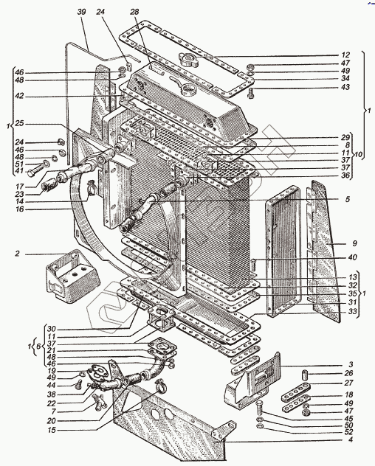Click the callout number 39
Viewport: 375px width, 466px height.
point(81,12)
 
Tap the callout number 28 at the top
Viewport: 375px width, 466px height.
point(134,12)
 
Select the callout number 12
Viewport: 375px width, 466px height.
point(345,55)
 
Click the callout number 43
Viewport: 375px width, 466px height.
point(345,87)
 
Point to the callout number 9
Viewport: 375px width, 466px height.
point(354,244)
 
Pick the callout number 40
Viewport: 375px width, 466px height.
point(353,257)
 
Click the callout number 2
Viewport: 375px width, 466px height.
point(18,254)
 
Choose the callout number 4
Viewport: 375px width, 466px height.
point(351,439)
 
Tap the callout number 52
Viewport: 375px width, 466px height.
point(348,432)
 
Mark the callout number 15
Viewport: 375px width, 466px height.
point(52,430)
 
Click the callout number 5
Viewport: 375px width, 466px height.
point(348,199)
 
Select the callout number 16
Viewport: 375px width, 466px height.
point(20,209)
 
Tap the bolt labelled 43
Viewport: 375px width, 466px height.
point(251,94)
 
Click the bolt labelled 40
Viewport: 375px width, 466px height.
point(253,265)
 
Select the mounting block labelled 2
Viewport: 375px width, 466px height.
point(72,277)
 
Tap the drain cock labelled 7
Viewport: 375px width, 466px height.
point(100,402)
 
